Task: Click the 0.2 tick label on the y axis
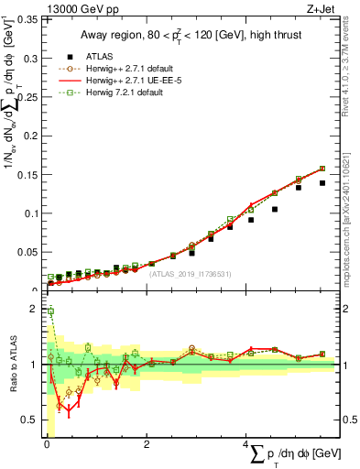point(32,136)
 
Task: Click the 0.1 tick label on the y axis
point(32,213)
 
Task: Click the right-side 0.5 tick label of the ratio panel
point(351,420)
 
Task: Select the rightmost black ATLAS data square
point(322,183)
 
